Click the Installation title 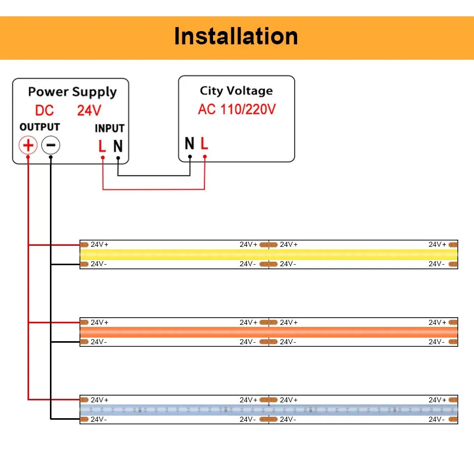pos(236,36)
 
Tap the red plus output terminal pos(28,146)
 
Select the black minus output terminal pos(50,146)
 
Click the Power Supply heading pos(72,92)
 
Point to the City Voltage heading pos(236,91)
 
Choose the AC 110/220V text pos(236,109)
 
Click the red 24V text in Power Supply pos(89,110)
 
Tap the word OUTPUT pos(40,127)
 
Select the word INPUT pos(110,129)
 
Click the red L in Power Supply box pos(102,146)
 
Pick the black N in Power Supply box pos(118,146)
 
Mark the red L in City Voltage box pos(204,144)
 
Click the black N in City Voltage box pos(190,144)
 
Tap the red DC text pos(44,110)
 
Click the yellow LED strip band pos(269,254)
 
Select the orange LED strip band pos(269,332)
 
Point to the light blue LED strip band pos(269,410)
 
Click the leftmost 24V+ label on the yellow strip pos(99,245)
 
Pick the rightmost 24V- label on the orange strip pos(436,342)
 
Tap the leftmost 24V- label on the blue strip pos(99,419)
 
